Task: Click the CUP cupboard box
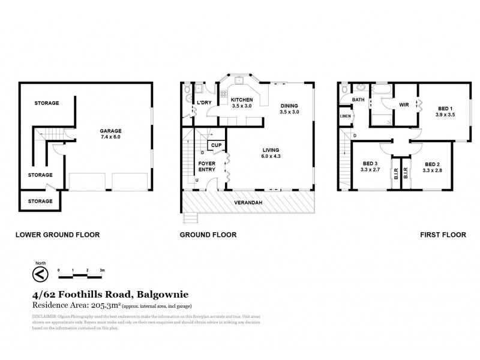coord(215,145)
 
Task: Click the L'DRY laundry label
coord(202,103)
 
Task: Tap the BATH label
coord(358,100)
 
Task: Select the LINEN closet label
coord(345,116)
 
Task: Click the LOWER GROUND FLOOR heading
coord(58,235)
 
